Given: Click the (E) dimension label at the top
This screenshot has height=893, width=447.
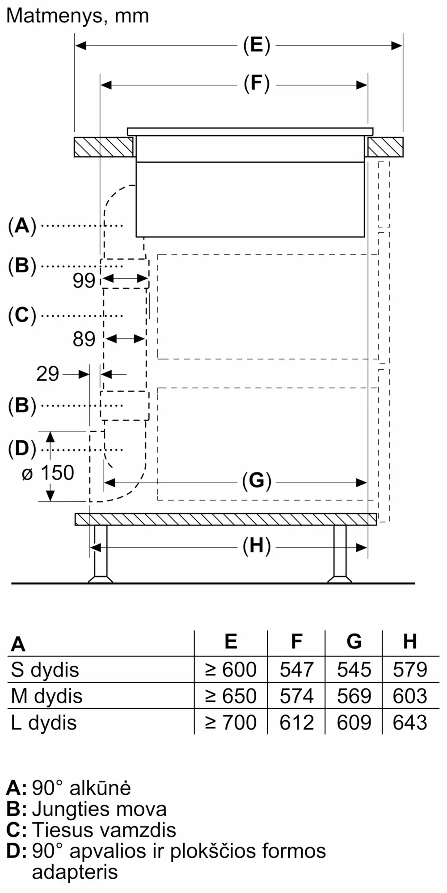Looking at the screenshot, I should [257, 46].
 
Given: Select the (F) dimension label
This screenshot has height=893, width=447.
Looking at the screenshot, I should [257, 84].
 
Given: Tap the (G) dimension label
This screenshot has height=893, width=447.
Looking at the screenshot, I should [257, 481].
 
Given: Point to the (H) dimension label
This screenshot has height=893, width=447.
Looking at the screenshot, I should [257, 547].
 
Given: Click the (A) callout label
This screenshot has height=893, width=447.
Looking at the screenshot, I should [22, 226].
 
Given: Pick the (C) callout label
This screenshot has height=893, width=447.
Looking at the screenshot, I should [22, 316].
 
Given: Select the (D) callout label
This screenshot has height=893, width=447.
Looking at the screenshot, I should [22, 449].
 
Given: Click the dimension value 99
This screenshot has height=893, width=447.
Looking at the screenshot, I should [84, 280].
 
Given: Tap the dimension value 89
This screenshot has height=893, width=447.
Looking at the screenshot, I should [84, 339].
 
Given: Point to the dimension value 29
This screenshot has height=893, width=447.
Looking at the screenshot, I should [47, 374].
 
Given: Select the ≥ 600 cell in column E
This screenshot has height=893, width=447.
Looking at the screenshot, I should [231, 670].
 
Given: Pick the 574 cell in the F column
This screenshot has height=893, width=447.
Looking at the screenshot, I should [296, 696].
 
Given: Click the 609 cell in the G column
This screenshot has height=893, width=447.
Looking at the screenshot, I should [354, 722].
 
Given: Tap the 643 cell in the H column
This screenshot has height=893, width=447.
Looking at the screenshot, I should [410, 722].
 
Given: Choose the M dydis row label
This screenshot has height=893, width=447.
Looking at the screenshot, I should [47, 696].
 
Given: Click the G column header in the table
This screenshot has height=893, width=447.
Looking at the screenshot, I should [354, 642].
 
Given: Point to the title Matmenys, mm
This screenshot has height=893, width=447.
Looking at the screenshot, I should [77, 16].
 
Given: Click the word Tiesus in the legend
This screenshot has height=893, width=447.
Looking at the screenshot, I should [63, 830].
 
